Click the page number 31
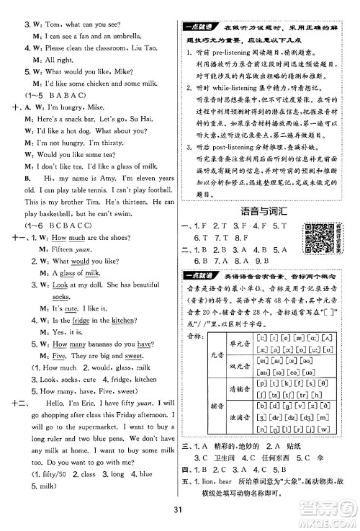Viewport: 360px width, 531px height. coord(179,512)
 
